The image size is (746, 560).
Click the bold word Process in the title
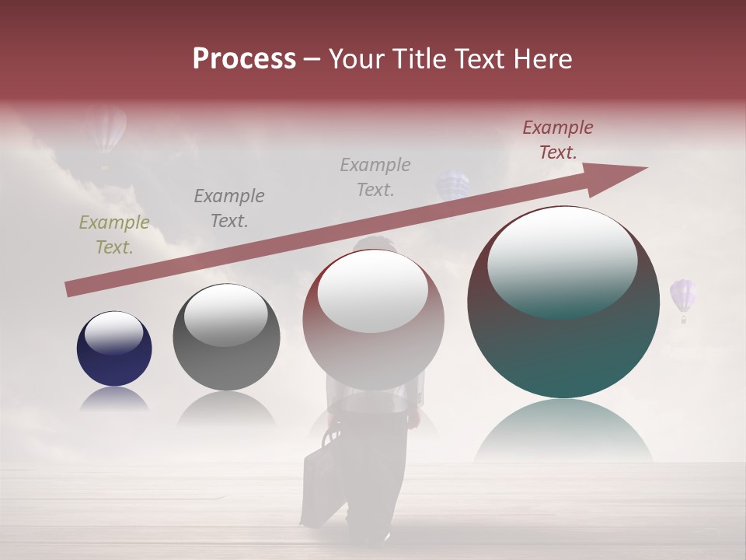244,58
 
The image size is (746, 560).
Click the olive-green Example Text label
114,235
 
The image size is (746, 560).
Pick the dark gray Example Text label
229,208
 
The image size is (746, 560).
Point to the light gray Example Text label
375,177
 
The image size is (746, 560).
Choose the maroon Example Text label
558,140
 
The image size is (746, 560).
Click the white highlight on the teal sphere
562,261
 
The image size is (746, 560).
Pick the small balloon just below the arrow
452,185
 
